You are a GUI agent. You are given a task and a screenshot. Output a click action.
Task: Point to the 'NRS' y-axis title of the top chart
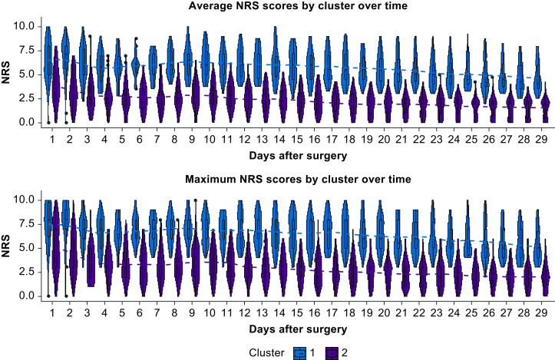point(6,75)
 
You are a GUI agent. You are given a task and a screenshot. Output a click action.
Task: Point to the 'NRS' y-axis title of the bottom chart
point(6,248)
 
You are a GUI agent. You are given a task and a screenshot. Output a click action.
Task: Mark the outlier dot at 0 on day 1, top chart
point(48,122)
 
